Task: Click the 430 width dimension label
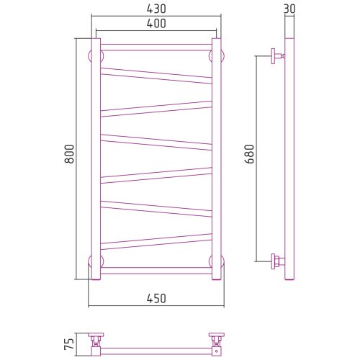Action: [x=156, y=9]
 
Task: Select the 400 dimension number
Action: [x=156, y=24]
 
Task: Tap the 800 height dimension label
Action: [x=69, y=154]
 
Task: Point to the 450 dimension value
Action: [x=156, y=299]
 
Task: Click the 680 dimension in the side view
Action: [x=249, y=154]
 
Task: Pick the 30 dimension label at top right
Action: [x=289, y=9]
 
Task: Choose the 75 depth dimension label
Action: [x=69, y=344]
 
